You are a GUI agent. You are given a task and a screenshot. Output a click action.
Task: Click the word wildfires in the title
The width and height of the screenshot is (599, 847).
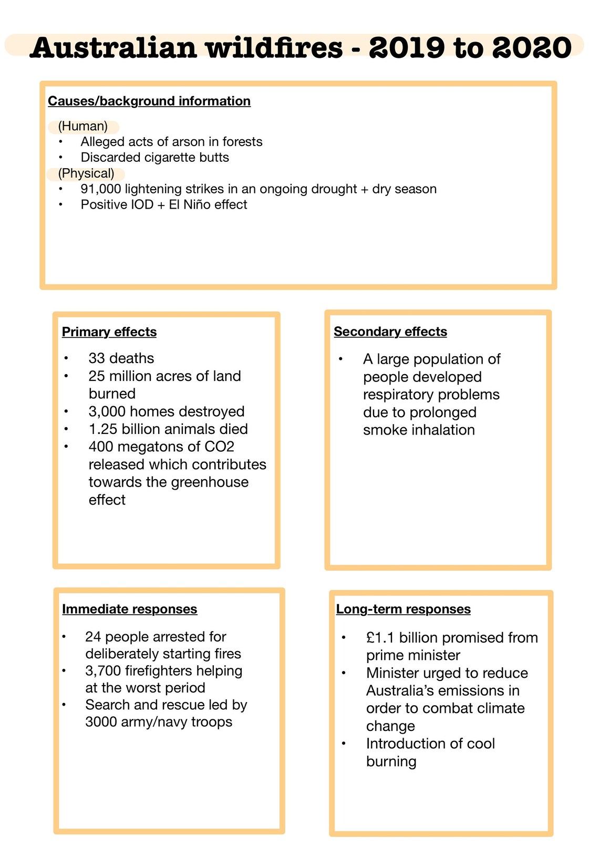pyautogui.click(x=274, y=48)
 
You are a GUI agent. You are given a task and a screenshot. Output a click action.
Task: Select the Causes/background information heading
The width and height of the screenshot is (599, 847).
pyautogui.click(x=149, y=101)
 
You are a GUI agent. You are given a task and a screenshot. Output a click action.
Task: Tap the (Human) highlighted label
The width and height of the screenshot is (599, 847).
pyautogui.click(x=83, y=127)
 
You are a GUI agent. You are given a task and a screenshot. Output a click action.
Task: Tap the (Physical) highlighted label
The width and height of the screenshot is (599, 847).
pyautogui.click(x=86, y=174)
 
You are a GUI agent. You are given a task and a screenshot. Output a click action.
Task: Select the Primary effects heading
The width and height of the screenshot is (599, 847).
pyautogui.click(x=109, y=332)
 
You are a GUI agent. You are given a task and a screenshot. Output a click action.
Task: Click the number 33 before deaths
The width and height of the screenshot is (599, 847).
pyautogui.click(x=97, y=358)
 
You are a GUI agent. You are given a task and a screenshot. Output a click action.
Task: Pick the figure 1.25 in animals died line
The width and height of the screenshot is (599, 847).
pyautogui.click(x=103, y=429)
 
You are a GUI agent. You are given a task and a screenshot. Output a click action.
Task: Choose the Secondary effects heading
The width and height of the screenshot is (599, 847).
pyautogui.click(x=390, y=332)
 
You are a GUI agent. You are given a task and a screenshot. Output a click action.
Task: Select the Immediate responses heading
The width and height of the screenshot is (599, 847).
pyautogui.click(x=130, y=610)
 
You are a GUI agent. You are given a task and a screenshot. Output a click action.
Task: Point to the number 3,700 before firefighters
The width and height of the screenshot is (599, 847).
pyautogui.click(x=103, y=671)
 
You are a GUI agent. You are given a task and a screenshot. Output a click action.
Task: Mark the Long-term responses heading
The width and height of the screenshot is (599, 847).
pyautogui.click(x=404, y=610)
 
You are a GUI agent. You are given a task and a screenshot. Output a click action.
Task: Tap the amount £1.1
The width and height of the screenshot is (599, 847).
pyautogui.click(x=380, y=638)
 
